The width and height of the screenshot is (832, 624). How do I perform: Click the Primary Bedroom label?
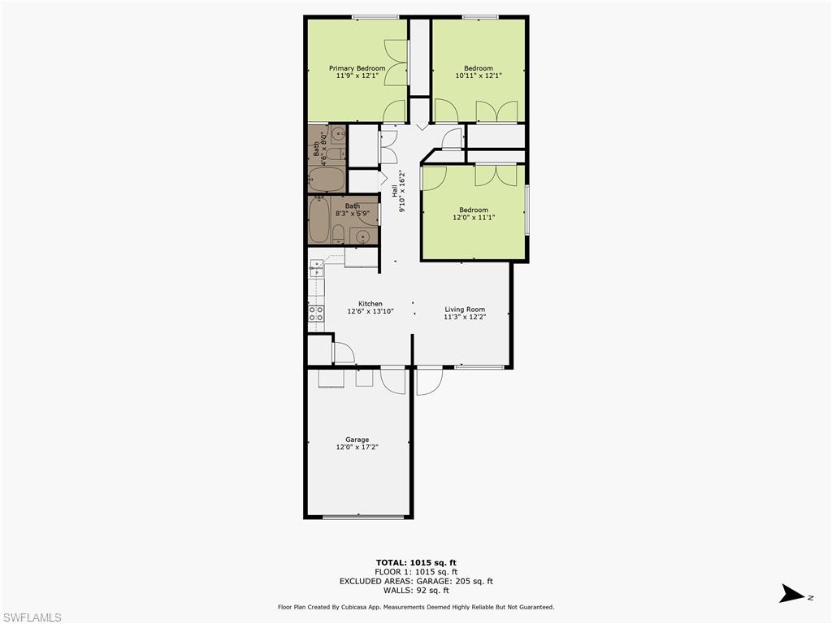357,68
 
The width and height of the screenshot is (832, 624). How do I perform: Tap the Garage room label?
357,440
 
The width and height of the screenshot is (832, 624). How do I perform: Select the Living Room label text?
465,309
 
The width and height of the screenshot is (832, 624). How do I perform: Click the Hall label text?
395,191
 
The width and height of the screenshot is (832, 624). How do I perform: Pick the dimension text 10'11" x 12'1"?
479,76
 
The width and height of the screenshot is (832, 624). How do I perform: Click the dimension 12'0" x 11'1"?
474,218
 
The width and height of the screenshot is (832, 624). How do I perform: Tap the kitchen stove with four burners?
316,314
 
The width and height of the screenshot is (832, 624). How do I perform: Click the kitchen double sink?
316,269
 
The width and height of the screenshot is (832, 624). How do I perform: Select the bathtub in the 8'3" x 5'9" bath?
320,219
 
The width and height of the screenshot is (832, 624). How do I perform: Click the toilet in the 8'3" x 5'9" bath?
339,235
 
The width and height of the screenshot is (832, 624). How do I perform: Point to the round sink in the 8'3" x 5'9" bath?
363,237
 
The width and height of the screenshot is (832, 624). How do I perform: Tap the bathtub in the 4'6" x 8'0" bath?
327,179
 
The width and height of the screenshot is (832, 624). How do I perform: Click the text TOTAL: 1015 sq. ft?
416,562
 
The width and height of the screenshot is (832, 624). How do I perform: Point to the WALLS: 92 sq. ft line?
416,590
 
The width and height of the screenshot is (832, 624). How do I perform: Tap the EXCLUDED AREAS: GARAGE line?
416,581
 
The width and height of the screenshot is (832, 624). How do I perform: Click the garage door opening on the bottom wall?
358,517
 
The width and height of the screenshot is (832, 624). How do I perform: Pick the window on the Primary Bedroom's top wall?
375,17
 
